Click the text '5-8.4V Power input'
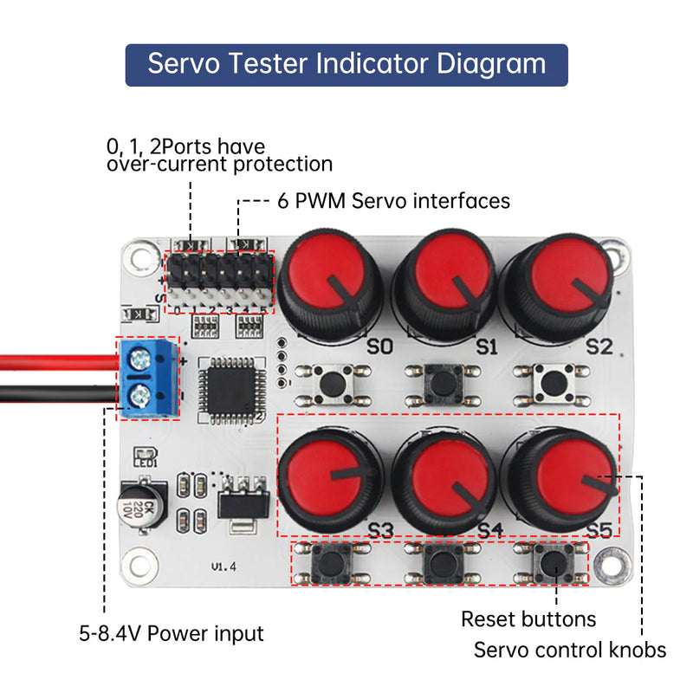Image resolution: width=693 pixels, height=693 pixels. (x=171, y=633)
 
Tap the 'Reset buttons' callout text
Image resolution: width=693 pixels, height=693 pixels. (x=528, y=619)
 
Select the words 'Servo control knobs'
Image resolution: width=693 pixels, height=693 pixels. (x=569, y=650)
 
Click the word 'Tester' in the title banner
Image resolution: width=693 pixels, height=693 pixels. (x=264, y=65)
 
